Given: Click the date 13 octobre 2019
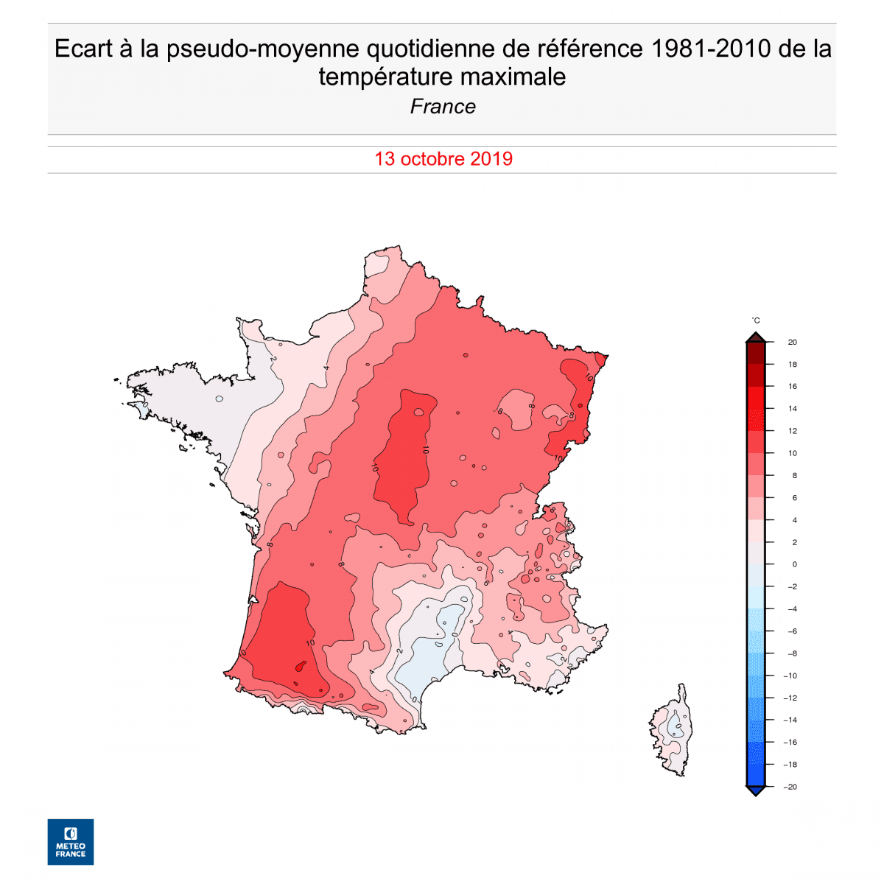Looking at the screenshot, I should [443, 159].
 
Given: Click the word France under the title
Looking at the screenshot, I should [443, 107].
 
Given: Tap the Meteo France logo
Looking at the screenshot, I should [71, 841].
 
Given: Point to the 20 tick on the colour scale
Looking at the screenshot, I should [792, 342].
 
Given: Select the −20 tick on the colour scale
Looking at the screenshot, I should [790, 787].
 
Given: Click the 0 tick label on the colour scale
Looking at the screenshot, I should [794, 564].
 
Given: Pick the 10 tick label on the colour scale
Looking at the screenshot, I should [792, 453].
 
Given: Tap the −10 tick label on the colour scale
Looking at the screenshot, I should [790, 676].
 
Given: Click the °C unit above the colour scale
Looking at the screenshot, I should [756, 320].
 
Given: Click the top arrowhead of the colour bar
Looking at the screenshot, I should [755, 337].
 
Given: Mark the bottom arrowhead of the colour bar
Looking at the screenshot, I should [755, 790].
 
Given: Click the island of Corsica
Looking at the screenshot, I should [673, 733].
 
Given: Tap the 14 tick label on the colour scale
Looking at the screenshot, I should [792, 408].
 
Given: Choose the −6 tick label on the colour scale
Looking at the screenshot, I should [790, 631].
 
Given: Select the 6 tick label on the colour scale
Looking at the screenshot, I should [794, 498].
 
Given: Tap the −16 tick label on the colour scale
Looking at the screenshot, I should [790, 743].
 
